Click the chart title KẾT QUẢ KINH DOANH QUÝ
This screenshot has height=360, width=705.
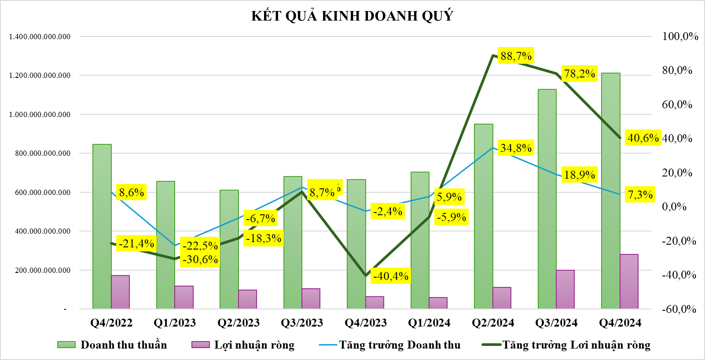352,16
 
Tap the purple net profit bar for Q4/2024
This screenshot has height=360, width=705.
629,282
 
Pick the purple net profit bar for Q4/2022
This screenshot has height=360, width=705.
120,292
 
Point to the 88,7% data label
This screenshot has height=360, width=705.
516,56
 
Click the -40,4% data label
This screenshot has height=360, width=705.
391,276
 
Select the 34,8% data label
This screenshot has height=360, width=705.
516,148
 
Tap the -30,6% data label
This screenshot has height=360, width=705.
200,260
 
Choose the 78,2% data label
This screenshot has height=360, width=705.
580,74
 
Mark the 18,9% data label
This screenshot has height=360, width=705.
580,175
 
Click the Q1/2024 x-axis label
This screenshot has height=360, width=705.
429,323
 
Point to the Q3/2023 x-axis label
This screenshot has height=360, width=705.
302,323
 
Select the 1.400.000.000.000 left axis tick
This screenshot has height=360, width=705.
40,37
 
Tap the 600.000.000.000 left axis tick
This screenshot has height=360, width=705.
43,193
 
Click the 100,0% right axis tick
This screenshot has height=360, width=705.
680,37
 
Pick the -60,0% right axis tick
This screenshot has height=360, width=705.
679,309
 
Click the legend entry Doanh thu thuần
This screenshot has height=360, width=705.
123,345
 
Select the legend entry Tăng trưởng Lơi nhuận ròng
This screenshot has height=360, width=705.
576,345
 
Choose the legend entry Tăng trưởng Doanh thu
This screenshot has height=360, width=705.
399,345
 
